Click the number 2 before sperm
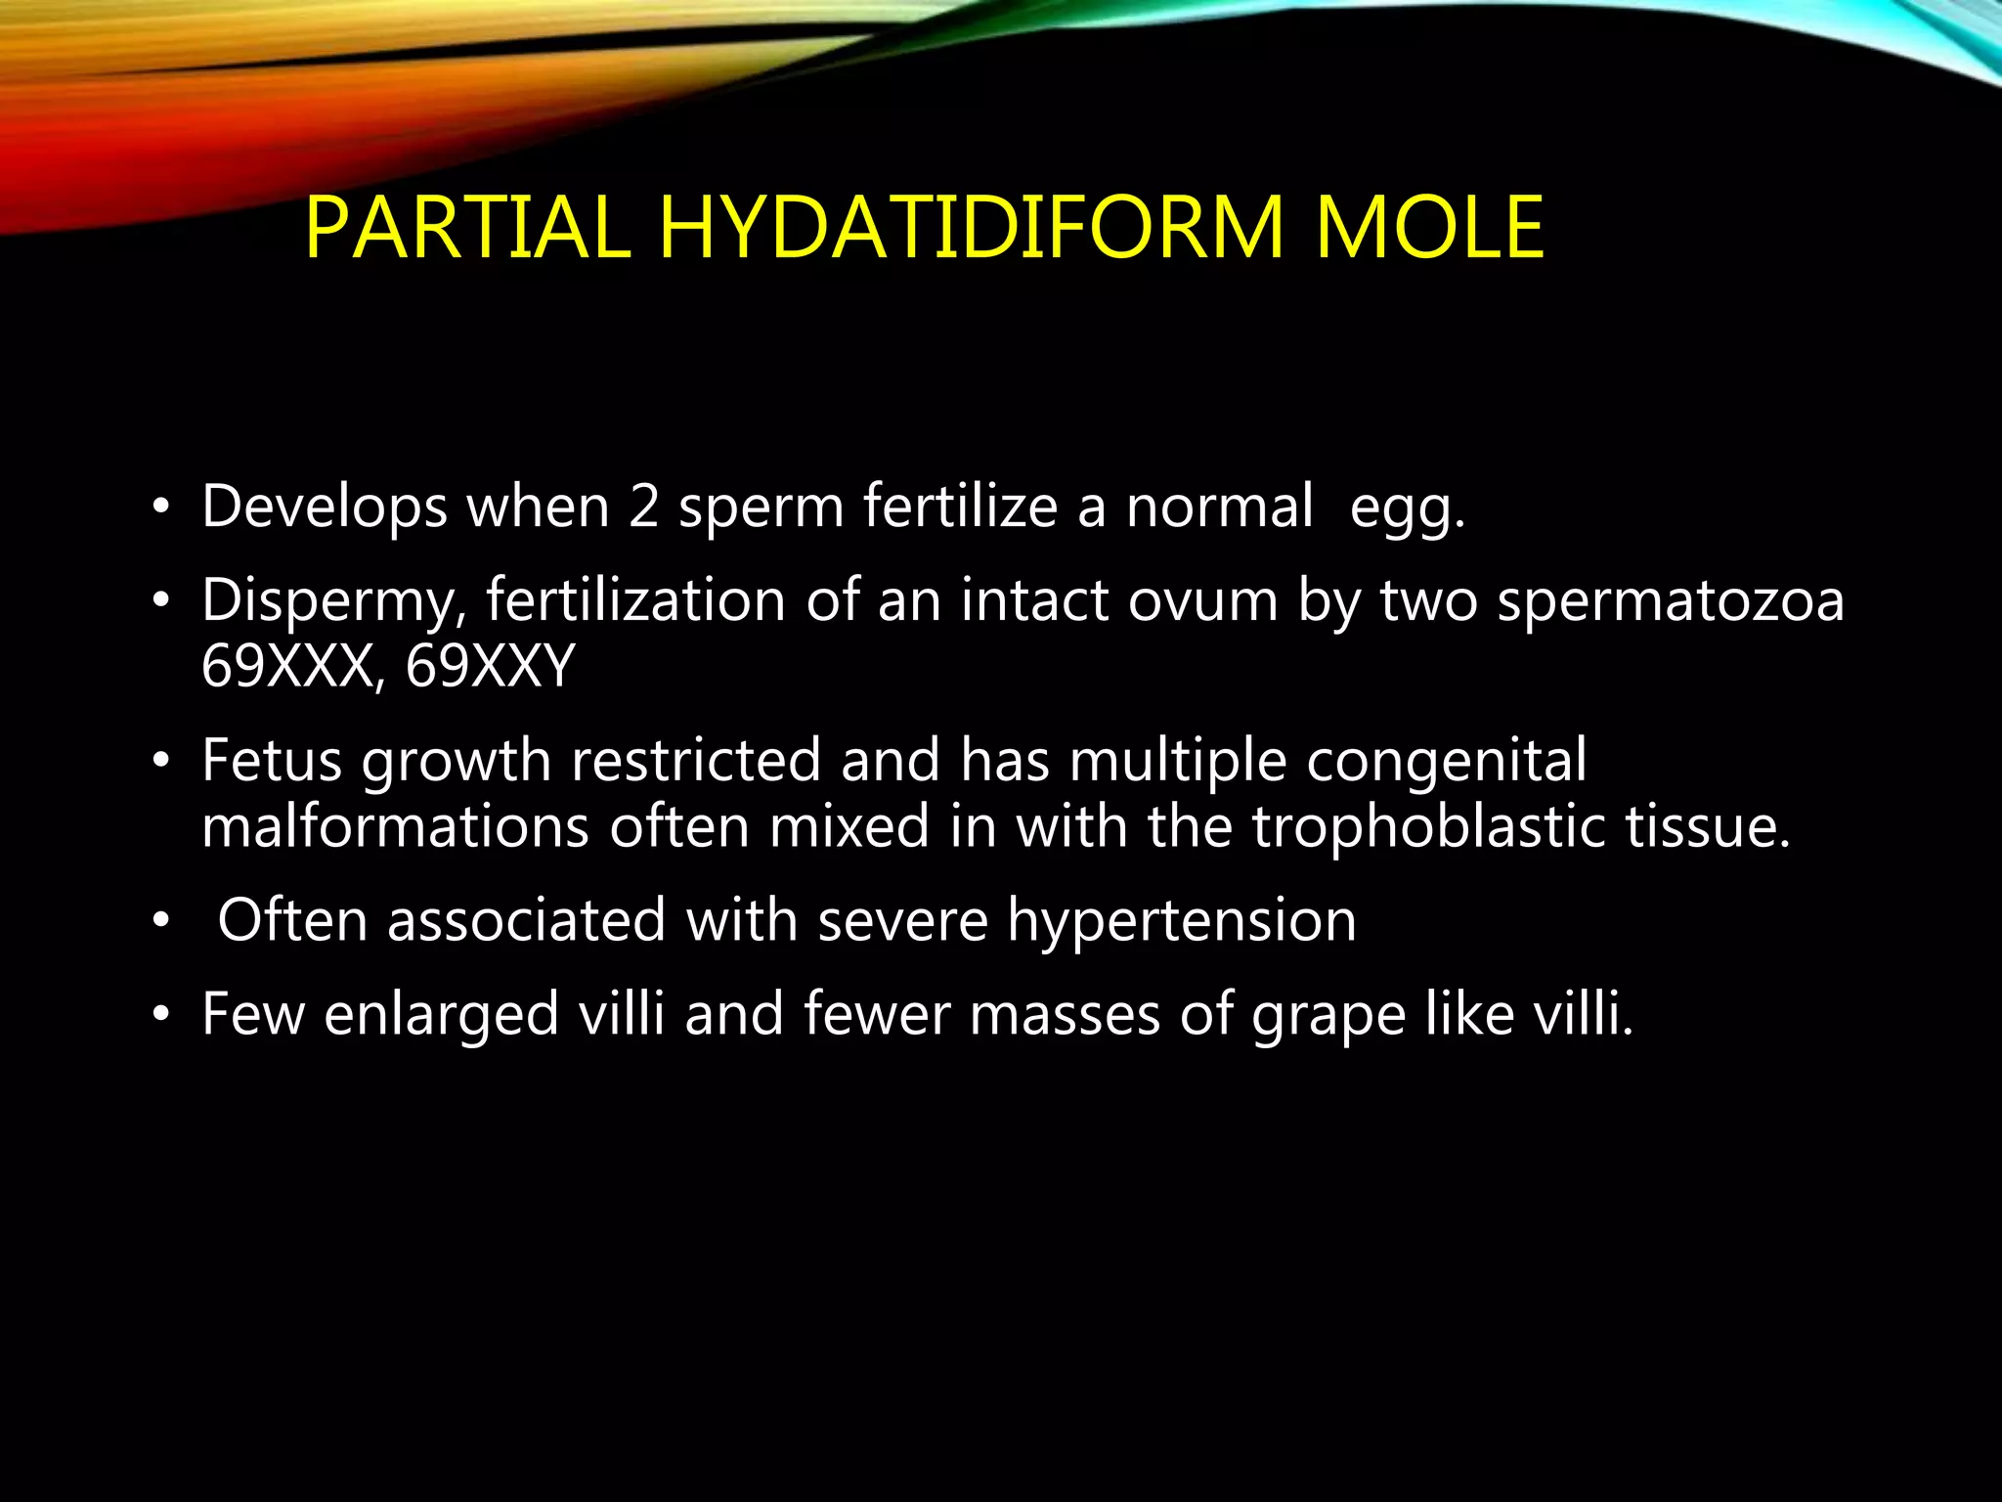coord(643,508)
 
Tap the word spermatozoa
coord(1671,600)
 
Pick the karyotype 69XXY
coord(490,667)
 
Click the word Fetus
coord(272,760)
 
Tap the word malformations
coord(395,826)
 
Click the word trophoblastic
coord(1428,826)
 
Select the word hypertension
coord(1182,921)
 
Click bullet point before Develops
coord(161,508)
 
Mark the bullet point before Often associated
coord(161,921)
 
